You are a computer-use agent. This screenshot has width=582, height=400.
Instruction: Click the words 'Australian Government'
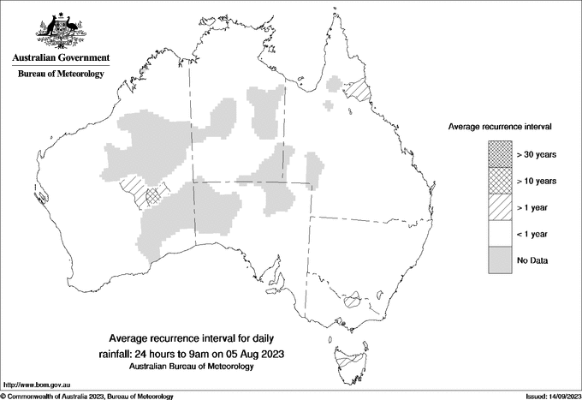pyautogui.click(x=61, y=58)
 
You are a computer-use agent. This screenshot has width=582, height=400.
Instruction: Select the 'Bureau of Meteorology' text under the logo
pyautogui.click(x=61, y=75)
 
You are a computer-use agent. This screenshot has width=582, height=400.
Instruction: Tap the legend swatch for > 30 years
pyautogui.click(x=500, y=155)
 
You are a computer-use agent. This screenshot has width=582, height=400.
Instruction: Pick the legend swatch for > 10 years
pyautogui.click(x=500, y=181)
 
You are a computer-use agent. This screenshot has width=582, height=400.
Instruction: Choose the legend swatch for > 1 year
pyautogui.click(x=500, y=207)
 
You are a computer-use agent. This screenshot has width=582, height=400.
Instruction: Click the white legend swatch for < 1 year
pyautogui.click(x=500, y=234)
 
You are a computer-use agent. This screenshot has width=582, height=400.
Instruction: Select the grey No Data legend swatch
pyautogui.click(x=500, y=260)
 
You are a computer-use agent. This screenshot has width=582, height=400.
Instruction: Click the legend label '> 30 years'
pyautogui.click(x=537, y=155)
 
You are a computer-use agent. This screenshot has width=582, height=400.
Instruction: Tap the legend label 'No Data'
pyautogui.click(x=532, y=260)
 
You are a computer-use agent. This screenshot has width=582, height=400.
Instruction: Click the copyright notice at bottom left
pyautogui.click(x=86, y=396)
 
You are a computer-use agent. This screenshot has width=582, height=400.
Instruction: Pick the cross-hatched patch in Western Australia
pyautogui.click(x=154, y=195)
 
